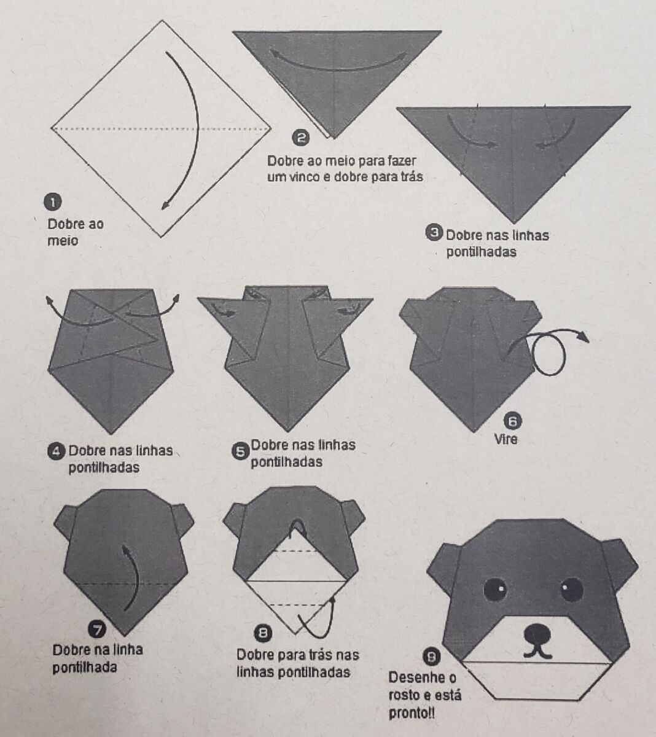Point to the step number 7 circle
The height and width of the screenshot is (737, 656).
pyautogui.click(x=97, y=628)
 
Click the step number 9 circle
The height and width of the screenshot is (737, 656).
pyautogui.click(x=432, y=657)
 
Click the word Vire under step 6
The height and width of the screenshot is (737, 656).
pyautogui.click(x=506, y=440)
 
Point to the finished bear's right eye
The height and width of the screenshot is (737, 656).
pyautogui.click(x=572, y=589)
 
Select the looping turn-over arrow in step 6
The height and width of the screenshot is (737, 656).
pyautogui.click(x=548, y=351)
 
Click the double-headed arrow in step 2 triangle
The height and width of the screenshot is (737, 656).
pyautogui.click(x=338, y=61)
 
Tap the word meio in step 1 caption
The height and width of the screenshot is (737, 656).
pyautogui.click(x=63, y=241)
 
